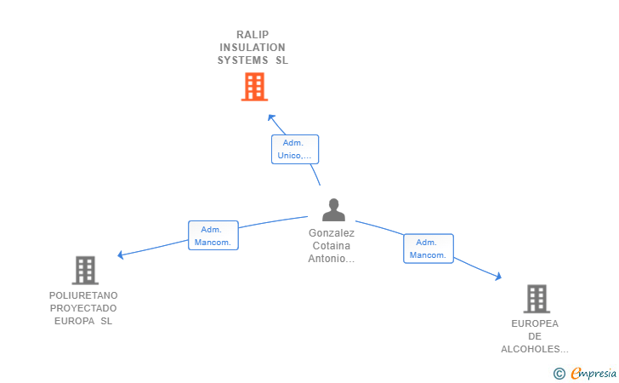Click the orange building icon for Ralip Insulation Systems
tap(254, 87)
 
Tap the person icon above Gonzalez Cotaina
tap(333, 209)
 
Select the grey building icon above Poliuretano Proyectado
tap(85, 270)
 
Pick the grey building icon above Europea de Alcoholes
tap(536, 299)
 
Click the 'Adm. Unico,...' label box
tap(295, 150)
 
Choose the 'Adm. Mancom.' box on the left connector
tap(213, 236)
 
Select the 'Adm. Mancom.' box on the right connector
tap(428, 249)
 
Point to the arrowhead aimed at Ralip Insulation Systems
tap(270, 117)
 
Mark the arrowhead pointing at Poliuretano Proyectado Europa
tap(122, 254)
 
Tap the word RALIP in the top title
tap(253, 35)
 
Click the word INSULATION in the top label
tap(253, 48)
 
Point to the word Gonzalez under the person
tap(332, 232)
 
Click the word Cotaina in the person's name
tap(332, 246)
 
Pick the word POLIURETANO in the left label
tap(83, 295)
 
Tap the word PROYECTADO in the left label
tap(83, 308)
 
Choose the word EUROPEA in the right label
tap(535, 323)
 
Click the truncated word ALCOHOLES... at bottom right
tap(535, 349)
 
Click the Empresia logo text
tap(593, 373)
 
